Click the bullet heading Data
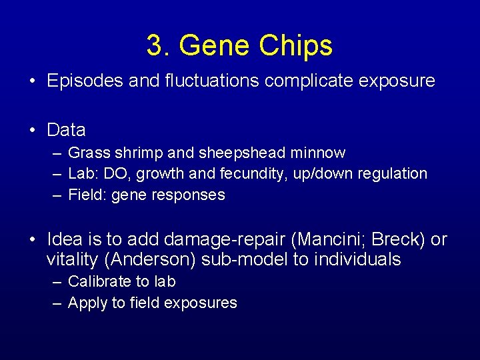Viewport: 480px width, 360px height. pos(66,129)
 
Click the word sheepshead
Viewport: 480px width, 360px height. pos(243,153)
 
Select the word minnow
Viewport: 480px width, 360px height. pos(318,153)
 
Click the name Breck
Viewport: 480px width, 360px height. pos(382,239)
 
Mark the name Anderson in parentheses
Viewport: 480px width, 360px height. pos(150,259)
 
